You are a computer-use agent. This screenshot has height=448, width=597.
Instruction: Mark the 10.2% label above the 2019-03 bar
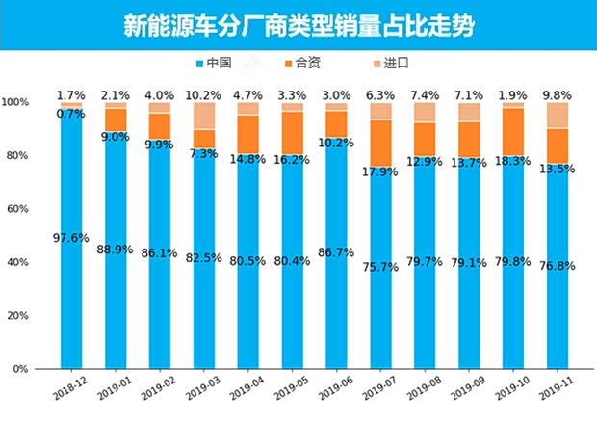pyautogui.click(x=204, y=95)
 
